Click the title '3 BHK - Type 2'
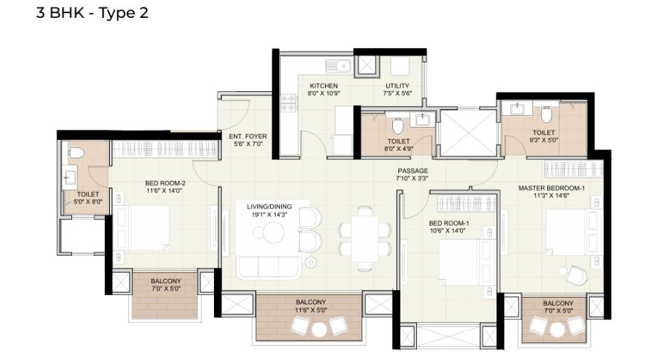point(92,13)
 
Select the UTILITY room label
point(397,86)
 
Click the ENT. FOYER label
point(248,136)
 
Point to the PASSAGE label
point(412,171)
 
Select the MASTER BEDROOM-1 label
point(551,188)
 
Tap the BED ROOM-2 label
point(165,183)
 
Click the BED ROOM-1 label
point(448,224)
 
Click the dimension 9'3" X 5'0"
point(544,141)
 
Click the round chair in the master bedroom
point(575,274)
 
